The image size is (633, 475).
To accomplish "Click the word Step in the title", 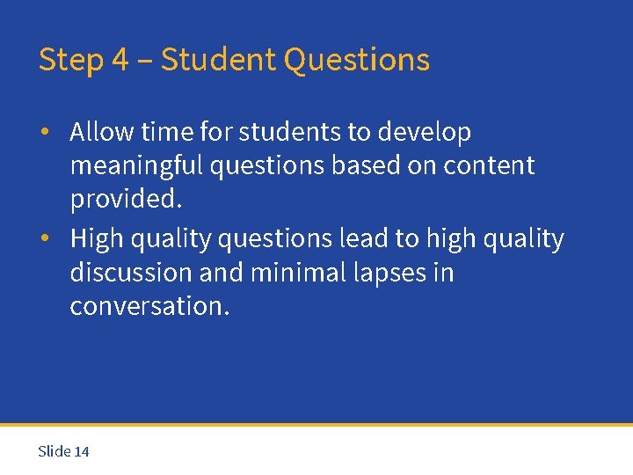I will click(70, 61).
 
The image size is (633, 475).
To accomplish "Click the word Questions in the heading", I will click(357, 61).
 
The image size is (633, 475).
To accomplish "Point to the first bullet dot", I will click(44, 133).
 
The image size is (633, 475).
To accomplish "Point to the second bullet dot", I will click(44, 239).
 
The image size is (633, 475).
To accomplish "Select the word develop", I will click(425, 133).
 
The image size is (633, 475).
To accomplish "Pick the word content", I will click(491, 165).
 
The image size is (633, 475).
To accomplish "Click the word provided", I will click(126, 199).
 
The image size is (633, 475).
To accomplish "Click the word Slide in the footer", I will click(55, 451).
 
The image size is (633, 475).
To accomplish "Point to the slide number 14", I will click(82, 451).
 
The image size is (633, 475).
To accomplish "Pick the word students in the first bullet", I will click(290, 132).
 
